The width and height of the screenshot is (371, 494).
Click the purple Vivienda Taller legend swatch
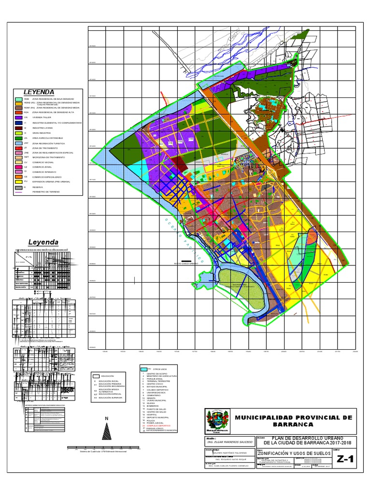click(x=18, y=117)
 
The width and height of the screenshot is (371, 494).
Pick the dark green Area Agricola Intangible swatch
click(x=18, y=138)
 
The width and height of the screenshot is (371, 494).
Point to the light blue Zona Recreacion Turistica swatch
click(x=18, y=144)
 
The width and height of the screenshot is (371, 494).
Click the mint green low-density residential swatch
click(x=18, y=99)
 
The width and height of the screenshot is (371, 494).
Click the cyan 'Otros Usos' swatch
click(x=143, y=369)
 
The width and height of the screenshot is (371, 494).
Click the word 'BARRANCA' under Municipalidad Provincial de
click(x=293, y=424)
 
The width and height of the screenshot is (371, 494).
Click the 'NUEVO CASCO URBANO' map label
click(x=186, y=264)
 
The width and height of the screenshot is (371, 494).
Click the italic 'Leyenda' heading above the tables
click(x=43, y=242)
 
